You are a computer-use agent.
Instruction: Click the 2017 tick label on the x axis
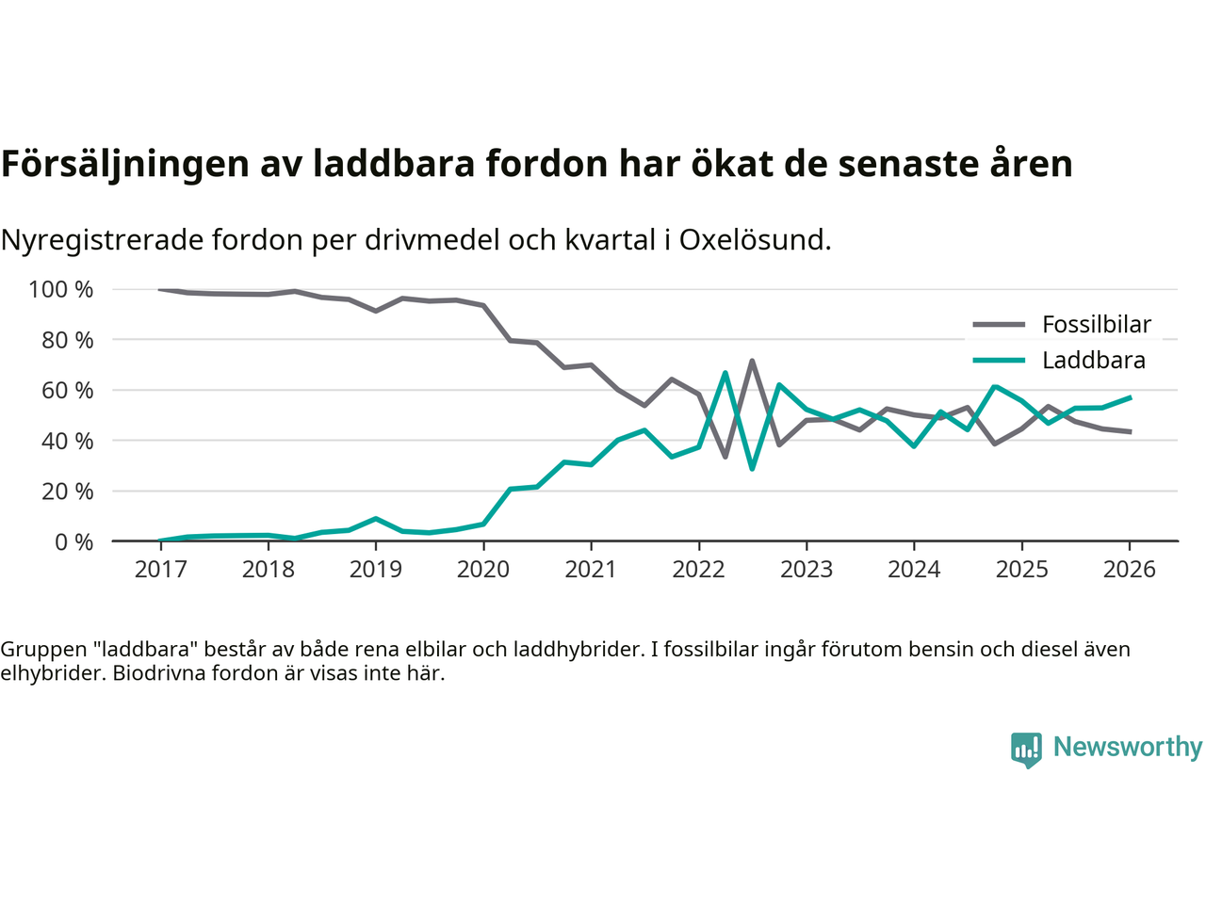(x=160, y=569)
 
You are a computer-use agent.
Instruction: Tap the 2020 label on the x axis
(x=483, y=569)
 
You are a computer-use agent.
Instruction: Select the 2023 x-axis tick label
(x=807, y=569)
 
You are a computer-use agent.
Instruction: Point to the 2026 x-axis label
(x=1129, y=569)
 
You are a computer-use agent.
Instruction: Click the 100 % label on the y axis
(x=61, y=289)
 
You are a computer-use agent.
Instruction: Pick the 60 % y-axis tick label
(x=67, y=390)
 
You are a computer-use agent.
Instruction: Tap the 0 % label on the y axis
(x=73, y=541)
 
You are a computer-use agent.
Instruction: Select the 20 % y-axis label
(x=67, y=491)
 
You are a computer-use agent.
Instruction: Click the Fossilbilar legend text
(x=1097, y=325)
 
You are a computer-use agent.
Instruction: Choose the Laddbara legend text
(x=1094, y=361)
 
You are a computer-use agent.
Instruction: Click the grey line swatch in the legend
(x=999, y=325)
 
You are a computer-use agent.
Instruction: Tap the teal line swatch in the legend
(x=999, y=361)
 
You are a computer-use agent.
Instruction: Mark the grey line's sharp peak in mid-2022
(x=752, y=360)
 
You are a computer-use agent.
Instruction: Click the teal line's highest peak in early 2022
(x=725, y=373)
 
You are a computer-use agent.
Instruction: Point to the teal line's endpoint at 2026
(x=1130, y=397)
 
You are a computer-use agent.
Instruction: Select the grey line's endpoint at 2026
(x=1130, y=431)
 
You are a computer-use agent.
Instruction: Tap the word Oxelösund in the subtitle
(x=755, y=240)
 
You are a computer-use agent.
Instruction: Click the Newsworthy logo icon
(x=1026, y=750)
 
